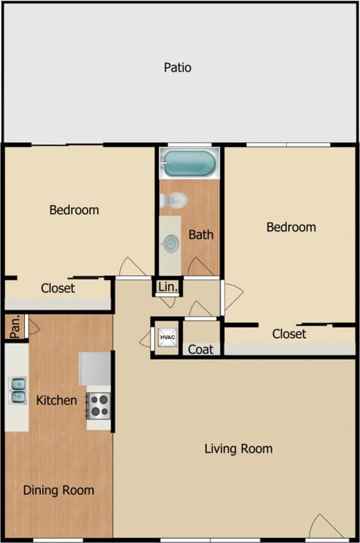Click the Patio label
click(177, 68)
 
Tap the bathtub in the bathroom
click(190, 162)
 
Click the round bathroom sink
click(170, 243)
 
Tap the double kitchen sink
click(17, 389)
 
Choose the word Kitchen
click(57, 400)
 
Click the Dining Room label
click(58, 490)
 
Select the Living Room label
click(238, 449)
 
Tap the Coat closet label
click(200, 350)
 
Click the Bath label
click(200, 235)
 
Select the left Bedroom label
click(74, 210)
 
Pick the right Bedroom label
click(290, 227)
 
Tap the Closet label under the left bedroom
click(57, 288)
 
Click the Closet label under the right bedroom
click(289, 334)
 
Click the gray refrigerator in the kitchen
click(95, 367)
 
